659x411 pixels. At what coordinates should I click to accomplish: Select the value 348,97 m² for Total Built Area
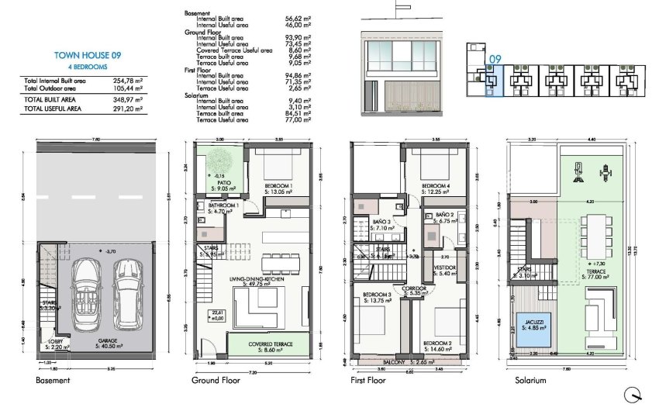coord(126,101)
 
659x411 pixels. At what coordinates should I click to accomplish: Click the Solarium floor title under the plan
coord(531,381)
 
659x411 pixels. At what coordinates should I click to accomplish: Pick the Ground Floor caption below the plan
coord(213,381)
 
